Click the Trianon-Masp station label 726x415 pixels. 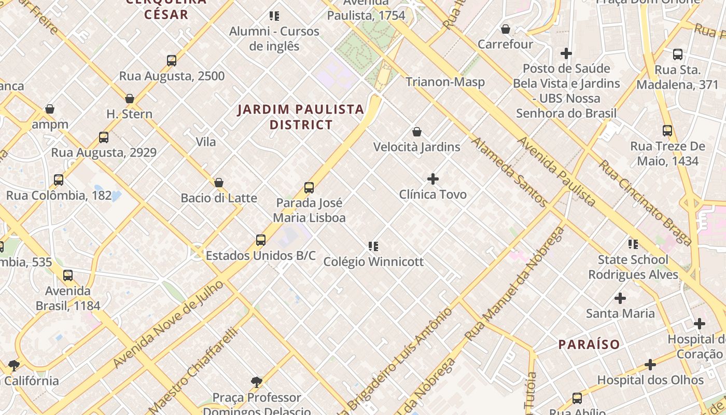point(445,81)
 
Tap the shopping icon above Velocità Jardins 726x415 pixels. point(417,132)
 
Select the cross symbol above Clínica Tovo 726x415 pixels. point(433,179)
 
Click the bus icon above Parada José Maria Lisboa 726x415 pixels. point(309,188)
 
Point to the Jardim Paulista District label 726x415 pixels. point(301,117)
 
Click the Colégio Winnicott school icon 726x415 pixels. point(373,246)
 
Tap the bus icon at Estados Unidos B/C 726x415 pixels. point(261,240)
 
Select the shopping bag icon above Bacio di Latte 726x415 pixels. point(219,183)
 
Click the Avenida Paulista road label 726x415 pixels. point(557,171)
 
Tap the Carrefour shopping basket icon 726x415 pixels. point(506,29)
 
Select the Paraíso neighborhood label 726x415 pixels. point(589,344)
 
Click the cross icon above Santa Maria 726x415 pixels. point(620,298)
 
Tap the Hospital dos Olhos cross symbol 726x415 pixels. point(650,365)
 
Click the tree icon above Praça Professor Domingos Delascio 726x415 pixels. point(256,383)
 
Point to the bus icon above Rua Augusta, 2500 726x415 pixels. point(172,61)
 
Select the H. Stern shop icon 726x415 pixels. point(130,99)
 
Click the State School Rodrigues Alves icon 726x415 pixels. point(633,244)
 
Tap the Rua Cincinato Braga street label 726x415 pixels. point(646,202)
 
